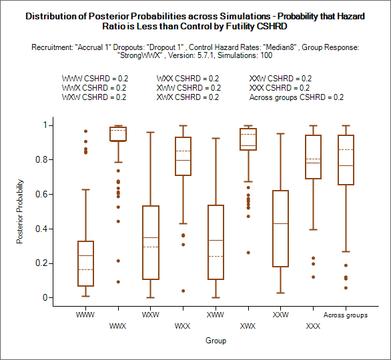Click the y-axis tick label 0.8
pyautogui.click(x=41, y=159)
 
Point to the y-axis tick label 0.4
pyautogui.click(x=41, y=229)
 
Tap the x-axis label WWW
pyautogui.click(x=85, y=315)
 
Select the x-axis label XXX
pyautogui.click(x=313, y=326)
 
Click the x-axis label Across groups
pyautogui.click(x=346, y=315)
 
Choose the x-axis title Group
pyautogui.click(x=216, y=341)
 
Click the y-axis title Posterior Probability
pyautogui.click(x=20, y=211)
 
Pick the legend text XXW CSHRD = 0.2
pyautogui.click(x=280, y=79)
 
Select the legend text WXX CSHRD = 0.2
pyautogui.click(x=187, y=79)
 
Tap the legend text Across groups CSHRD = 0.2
pyautogui.click(x=296, y=97)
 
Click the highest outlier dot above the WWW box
pyautogui.click(x=85, y=131)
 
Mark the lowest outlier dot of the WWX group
pyautogui.click(x=118, y=282)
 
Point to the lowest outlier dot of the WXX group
pyautogui.click(x=183, y=291)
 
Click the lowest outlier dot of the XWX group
pyautogui.click(x=248, y=253)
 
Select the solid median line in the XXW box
pyautogui.click(x=280, y=224)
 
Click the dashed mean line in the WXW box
pyautogui.click(x=151, y=247)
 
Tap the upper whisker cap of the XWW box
pyautogui.click(x=216, y=138)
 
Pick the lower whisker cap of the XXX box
pyautogui.click(x=313, y=229)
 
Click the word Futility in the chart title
pyautogui.click(x=240, y=27)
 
